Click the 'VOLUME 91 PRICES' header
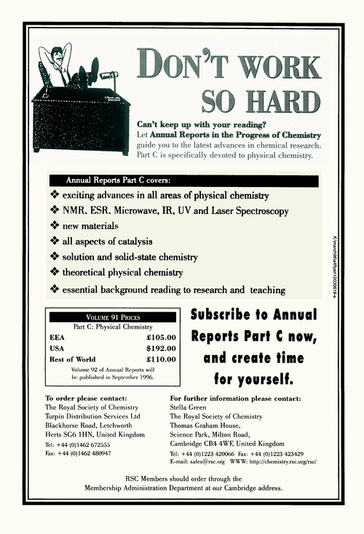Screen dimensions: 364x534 (x=112, y=317)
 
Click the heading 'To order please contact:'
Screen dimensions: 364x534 (x=86, y=398)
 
